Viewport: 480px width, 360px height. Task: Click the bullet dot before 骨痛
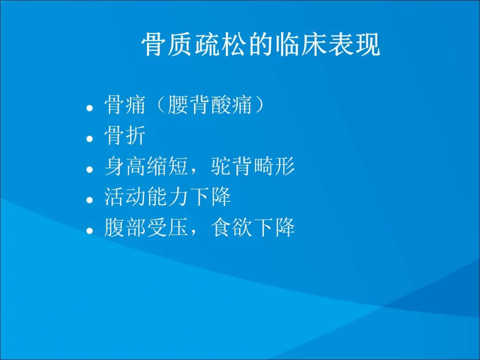pos(89,108)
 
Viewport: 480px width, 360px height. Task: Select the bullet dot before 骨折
pos(89,139)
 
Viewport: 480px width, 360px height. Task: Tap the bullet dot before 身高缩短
pos(89,169)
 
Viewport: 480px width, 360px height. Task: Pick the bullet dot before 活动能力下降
pos(89,200)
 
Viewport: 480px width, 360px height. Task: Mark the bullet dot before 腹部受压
pos(89,231)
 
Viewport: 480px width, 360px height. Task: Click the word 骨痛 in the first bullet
pos(124,105)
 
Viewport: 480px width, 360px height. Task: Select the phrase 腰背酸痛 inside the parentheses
pos(210,105)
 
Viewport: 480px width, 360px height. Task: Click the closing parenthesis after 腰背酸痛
pos(259,105)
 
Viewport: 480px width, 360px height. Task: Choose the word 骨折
pos(124,136)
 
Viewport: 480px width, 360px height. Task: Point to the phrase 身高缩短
pos(146,166)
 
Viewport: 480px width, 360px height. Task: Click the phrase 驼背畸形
pos(252,166)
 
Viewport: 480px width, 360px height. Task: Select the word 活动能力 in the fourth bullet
pos(146,197)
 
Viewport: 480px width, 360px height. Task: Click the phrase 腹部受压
pos(146,228)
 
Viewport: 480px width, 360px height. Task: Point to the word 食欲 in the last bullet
pos(231,228)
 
